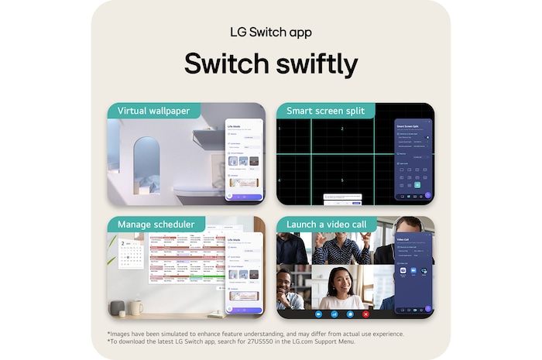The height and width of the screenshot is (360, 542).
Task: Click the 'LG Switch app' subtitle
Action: [271, 33]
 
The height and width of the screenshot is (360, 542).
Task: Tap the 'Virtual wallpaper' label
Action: [153, 111]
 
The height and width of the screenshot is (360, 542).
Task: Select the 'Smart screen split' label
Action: [325, 111]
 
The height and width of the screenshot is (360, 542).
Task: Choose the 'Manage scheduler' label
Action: [156, 225]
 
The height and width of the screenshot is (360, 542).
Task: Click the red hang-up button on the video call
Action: [366, 314]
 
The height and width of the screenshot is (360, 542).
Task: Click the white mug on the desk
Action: [136, 307]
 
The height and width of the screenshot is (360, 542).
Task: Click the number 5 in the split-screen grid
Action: [342, 180]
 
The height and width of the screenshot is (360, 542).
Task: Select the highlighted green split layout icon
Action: [417, 185]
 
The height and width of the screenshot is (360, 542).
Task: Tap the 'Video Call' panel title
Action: [403, 239]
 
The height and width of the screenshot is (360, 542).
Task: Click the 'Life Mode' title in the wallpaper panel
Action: [235, 125]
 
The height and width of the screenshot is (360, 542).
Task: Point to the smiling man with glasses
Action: [290, 288]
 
